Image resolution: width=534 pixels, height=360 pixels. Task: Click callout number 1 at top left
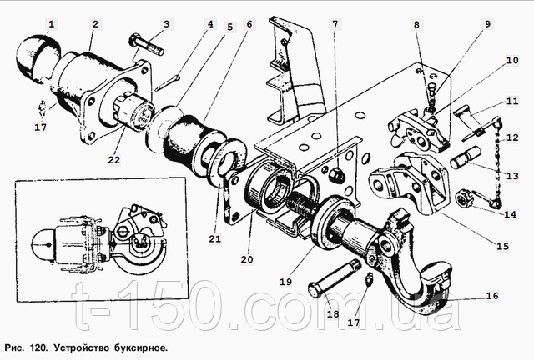(x=52, y=24)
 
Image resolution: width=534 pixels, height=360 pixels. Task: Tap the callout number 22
(x=114, y=160)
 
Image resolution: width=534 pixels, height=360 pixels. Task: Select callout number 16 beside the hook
(x=492, y=296)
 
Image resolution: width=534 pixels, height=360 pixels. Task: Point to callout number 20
(x=247, y=260)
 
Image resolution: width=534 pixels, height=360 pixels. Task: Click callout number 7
(x=335, y=24)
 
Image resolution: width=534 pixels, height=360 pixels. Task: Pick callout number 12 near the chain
(x=512, y=137)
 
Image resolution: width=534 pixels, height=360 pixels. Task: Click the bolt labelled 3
(x=147, y=44)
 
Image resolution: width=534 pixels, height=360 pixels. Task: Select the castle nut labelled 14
(x=464, y=198)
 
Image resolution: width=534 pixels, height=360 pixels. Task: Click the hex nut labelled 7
(x=336, y=174)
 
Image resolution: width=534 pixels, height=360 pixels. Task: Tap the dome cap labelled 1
(x=38, y=57)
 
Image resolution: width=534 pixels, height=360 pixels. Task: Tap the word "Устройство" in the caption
(x=82, y=348)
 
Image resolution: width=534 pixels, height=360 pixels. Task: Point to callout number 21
(x=215, y=238)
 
